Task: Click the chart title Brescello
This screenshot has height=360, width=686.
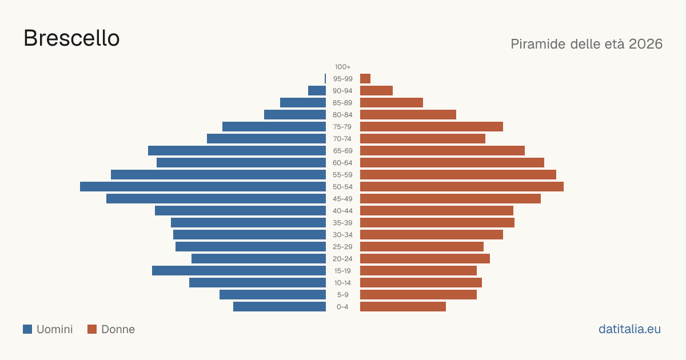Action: click(x=71, y=38)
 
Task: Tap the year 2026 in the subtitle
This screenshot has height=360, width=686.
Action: click(x=645, y=44)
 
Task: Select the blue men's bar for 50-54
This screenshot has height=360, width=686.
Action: click(x=203, y=187)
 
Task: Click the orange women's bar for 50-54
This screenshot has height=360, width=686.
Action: click(x=462, y=187)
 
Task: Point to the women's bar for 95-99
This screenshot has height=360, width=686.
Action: click(x=365, y=79)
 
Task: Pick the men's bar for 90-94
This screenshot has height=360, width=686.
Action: click(x=317, y=91)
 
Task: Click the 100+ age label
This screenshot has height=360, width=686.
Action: click(x=342, y=67)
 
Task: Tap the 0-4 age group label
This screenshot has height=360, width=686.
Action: click(x=342, y=307)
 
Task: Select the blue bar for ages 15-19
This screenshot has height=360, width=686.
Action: click(x=239, y=271)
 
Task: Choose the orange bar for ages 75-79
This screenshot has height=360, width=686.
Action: click(x=432, y=127)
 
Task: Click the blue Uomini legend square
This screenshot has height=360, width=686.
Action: click(x=27, y=329)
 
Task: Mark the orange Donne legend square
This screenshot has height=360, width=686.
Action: click(x=92, y=329)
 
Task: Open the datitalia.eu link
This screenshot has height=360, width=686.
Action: click(x=629, y=329)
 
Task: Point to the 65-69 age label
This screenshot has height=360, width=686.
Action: click(x=342, y=151)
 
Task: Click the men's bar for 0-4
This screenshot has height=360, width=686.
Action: click(x=280, y=307)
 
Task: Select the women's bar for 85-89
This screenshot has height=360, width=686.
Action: click(x=392, y=102)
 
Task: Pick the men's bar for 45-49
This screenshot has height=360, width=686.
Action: click(x=216, y=199)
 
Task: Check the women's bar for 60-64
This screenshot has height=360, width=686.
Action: click(x=452, y=162)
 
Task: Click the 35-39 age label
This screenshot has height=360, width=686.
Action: click(x=342, y=222)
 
